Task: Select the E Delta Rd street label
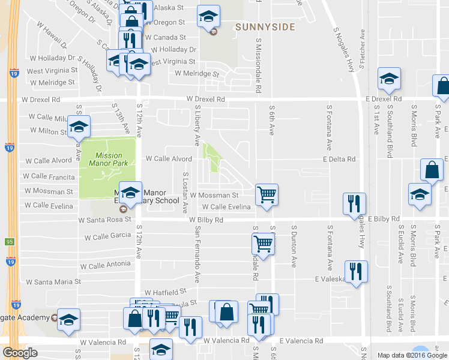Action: pyautogui.click(x=339, y=159)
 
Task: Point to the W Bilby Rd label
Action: pyautogui.click(x=206, y=220)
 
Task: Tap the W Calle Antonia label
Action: pyautogui.click(x=105, y=265)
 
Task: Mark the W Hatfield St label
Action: pyautogui.click(x=166, y=293)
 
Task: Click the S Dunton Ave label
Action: pyautogui.click(x=294, y=246)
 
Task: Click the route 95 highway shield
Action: pyautogui.click(x=9, y=242)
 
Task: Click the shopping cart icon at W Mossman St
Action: pyautogui.click(x=267, y=194)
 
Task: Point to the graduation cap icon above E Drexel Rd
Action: pyautogui.click(x=389, y=79)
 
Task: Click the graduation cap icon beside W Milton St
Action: pyautogui.click(x=79, y=127)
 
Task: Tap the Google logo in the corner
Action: pyautogui.click(x=20, y=353)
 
